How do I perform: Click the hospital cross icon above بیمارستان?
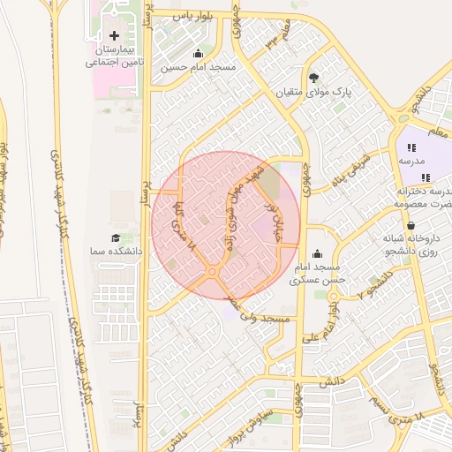tap(113, 35)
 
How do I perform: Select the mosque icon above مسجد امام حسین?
tap(198, 54)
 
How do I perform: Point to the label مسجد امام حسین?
tap(200, 67)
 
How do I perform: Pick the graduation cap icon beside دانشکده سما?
tap(114, 239)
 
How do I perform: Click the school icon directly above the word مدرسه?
tap(411, 149)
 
